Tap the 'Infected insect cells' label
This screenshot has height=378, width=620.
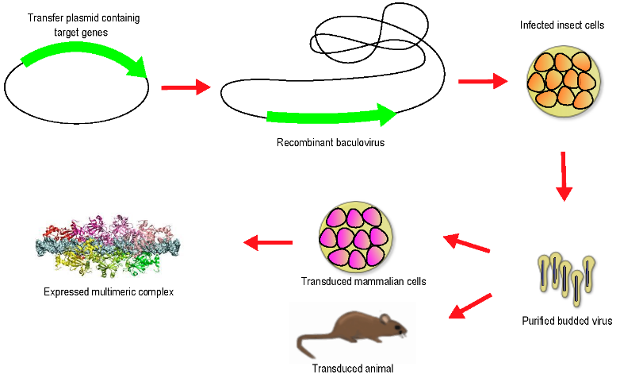[562, 25]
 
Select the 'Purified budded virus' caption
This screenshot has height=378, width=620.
[567, 321]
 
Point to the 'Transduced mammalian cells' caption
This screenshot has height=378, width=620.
[364, 281]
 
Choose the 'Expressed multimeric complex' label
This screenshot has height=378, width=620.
[109, 291]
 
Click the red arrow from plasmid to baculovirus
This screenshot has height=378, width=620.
[186, 87]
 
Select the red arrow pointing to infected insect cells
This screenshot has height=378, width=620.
[482, 80]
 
